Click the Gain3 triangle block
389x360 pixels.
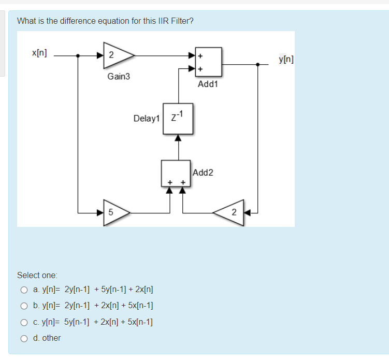click(x=116, y=55)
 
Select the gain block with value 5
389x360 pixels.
click(x=114, y=212)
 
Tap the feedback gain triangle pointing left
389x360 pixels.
click(x=231, y=212)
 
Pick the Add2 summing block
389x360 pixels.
click(x=176, y=172)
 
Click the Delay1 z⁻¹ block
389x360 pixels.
click(x=178, y=119)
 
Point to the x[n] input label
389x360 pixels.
click(x=39, y=53)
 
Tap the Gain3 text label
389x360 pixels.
click(x=119, y=77)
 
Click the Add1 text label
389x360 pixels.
click(x=208, y=84)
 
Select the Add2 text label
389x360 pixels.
click(x=203, y=172)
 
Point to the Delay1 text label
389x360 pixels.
click(x=146, y=119)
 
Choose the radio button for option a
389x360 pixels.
click(x=24, y=290)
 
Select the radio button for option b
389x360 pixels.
click(x=24, y=306)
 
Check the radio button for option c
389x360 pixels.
click(x=24, y=322)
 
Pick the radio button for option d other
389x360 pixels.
click(x=24, y=338)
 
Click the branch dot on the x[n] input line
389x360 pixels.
click(x=78, y=55)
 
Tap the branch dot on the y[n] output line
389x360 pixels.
click(x=257, y=64)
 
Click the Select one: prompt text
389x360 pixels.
click(x=37, y=275)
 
